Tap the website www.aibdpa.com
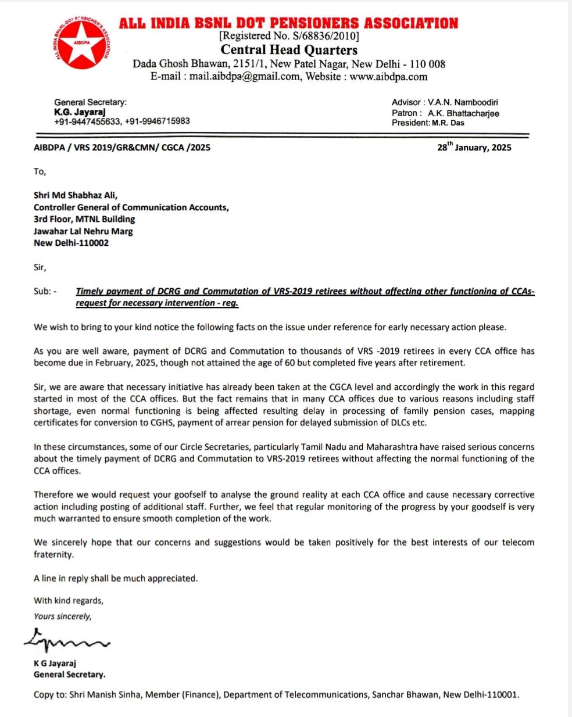(388, 77)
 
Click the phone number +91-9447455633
(87, 121)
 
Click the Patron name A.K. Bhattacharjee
(463, 113)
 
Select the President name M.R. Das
(448, 123)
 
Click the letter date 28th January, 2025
(474, 148)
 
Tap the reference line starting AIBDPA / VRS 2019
(122, 148)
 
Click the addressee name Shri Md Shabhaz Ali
(76, 195)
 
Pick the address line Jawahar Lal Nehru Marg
(83, 231)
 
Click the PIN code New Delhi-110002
(71, 243)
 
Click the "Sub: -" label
(45, 291)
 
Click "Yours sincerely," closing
(63, 616)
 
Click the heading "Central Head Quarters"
(289, 50)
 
